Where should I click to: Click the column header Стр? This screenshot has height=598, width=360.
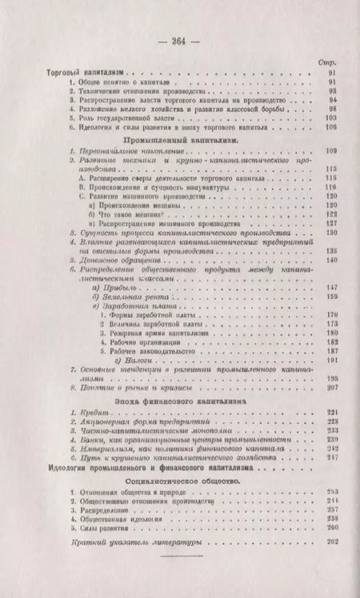326,60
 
